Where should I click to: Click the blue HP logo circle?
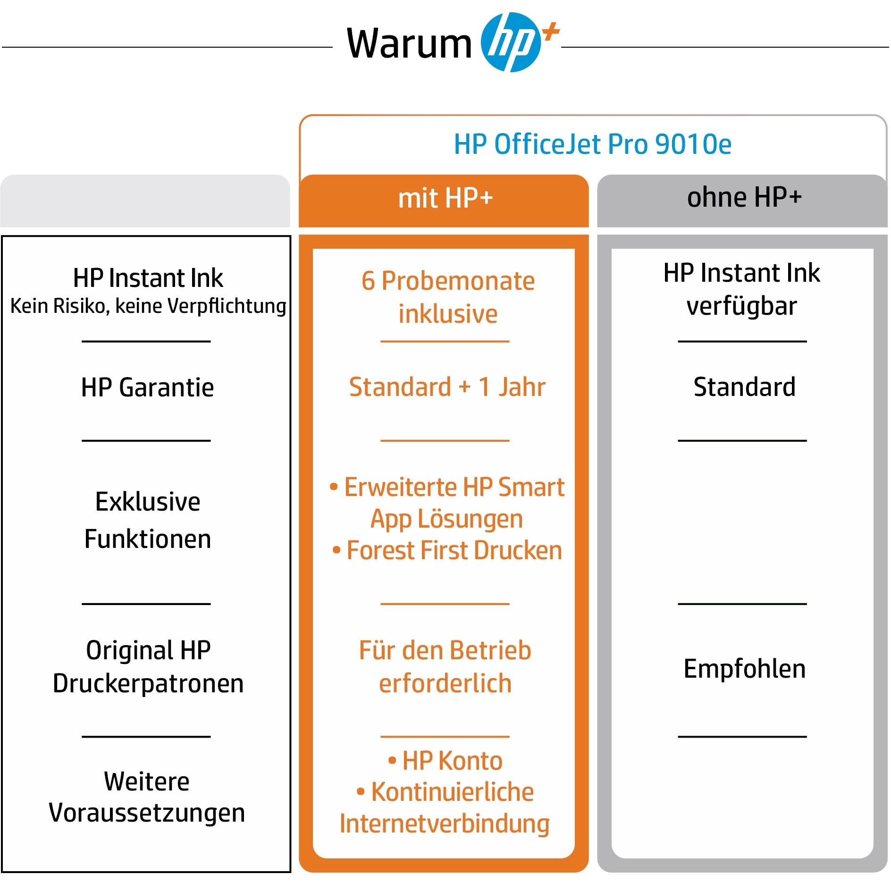(511, 42)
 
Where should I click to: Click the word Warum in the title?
(409, 43)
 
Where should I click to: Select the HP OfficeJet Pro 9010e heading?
(593, 144)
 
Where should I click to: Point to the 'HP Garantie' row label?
(147, 387)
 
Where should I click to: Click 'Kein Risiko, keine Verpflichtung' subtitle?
(148, 306)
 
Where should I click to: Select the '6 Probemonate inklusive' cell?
(448, 297)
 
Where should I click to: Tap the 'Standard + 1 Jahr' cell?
(447, 387)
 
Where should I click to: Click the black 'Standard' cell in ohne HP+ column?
(744, 387)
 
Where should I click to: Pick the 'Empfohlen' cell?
(744, 669)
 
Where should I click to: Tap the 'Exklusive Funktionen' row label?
(148, 520)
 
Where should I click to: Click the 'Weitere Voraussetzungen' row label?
(147, 797)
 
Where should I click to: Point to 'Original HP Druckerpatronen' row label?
(148, 666)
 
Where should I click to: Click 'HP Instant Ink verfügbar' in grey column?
(742, 289)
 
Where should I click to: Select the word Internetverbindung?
(445, 824)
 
